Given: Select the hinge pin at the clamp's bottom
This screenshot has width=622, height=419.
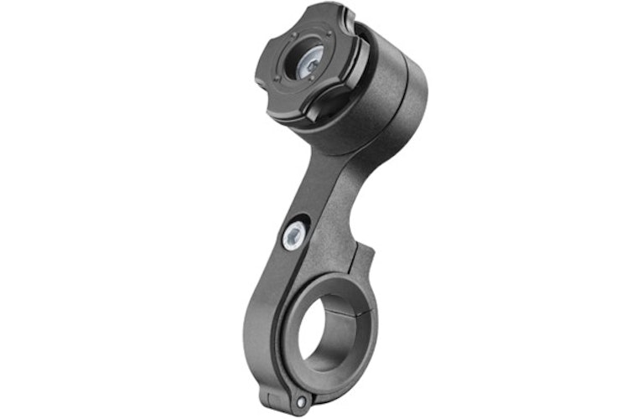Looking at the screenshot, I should click(299, 403).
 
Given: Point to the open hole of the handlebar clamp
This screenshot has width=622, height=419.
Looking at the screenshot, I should click(329, 328).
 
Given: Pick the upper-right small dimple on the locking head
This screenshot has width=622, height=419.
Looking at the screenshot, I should click(332, 38).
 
